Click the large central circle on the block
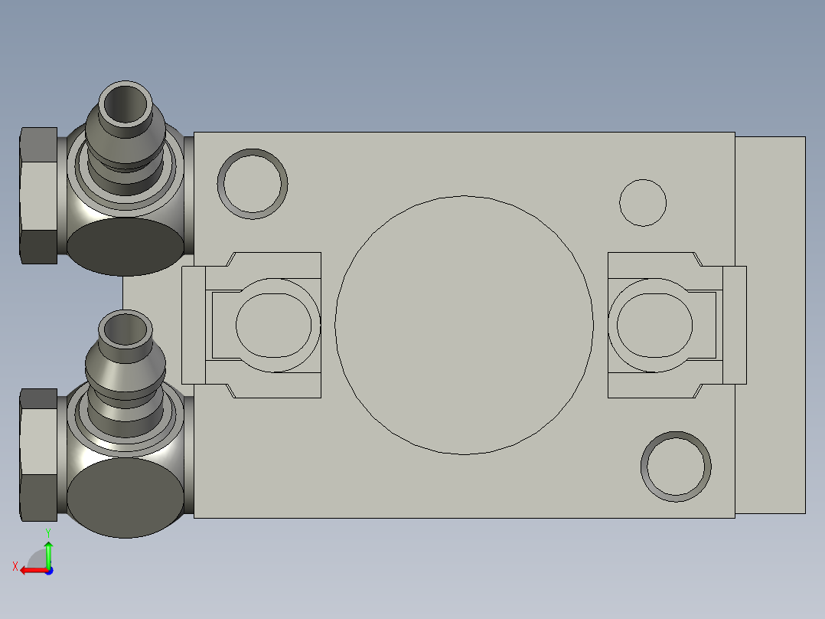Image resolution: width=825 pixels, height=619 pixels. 464,325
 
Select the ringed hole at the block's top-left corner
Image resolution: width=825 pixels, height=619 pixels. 253,184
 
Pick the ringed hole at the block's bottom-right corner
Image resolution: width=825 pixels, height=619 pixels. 676,467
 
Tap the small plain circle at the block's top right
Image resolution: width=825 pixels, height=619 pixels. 643,203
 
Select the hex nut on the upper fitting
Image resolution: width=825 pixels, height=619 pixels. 37,195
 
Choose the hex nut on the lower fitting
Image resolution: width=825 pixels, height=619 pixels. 37,454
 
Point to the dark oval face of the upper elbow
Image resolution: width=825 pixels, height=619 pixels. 126,247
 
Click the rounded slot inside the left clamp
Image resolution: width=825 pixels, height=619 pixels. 274,325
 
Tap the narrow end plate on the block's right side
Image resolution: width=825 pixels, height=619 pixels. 770,325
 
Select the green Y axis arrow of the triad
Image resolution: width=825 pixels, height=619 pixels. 48,552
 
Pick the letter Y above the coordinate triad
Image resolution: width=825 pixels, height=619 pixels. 47,532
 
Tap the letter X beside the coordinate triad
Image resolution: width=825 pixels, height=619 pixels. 15,566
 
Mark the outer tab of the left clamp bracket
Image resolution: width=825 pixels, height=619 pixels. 193,325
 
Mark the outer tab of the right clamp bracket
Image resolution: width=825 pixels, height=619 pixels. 735,325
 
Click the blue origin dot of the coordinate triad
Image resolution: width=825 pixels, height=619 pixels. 49,570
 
